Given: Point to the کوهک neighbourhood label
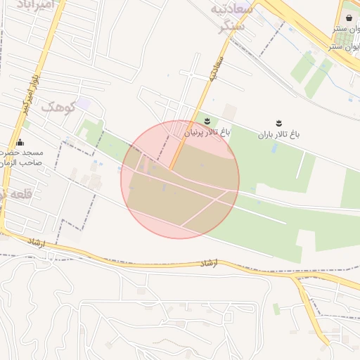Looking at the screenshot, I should (58, 107).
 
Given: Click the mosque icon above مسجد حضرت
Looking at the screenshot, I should (20, 142).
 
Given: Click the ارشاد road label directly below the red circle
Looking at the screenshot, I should (210, 264).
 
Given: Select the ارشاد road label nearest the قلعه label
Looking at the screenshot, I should (37, 241).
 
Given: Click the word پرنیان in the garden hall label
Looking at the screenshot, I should (197, 132).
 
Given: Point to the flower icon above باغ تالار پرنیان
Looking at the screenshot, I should (206, 122).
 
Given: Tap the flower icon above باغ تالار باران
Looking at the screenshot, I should (278, 123).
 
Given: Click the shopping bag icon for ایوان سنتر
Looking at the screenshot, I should (349, 18).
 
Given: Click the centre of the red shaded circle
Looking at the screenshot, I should (180, 179).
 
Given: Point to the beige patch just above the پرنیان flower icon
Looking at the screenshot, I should (229, 111).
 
